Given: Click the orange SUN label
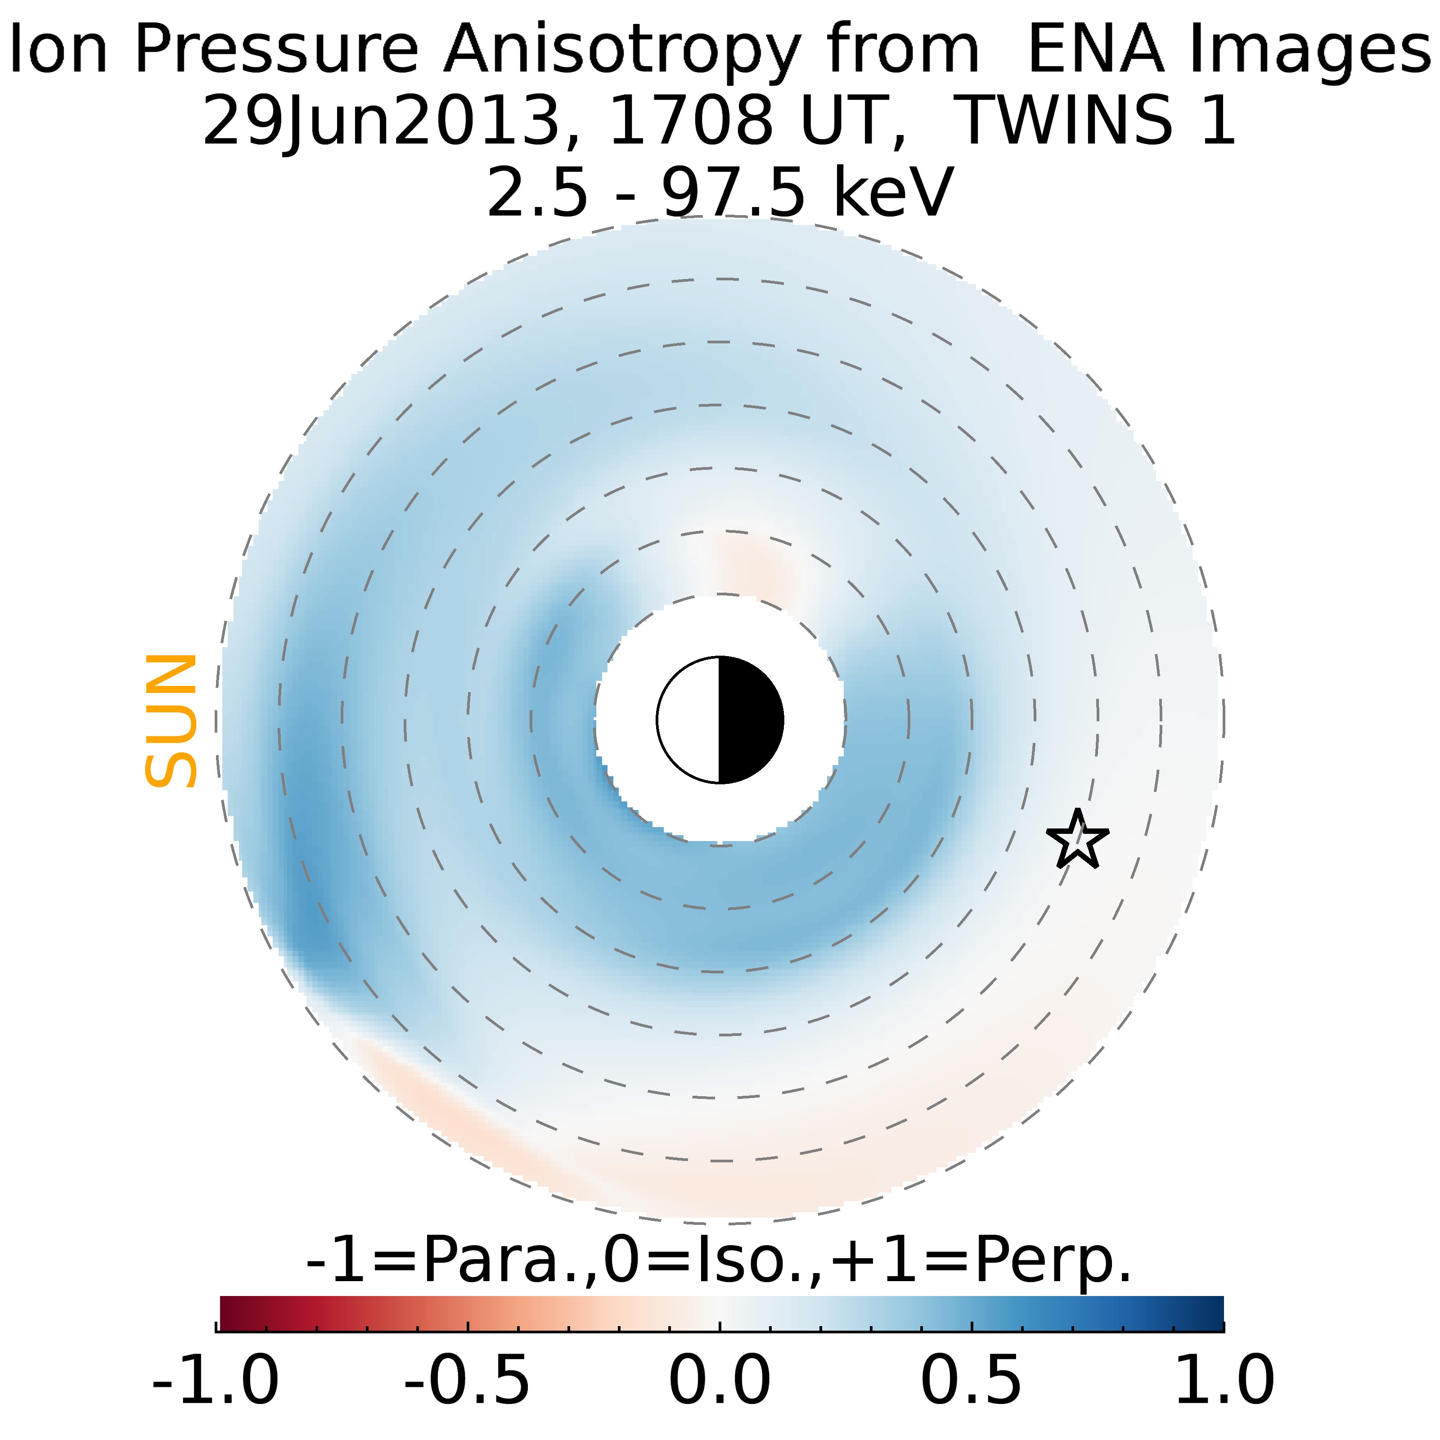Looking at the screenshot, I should (x=171, y=721).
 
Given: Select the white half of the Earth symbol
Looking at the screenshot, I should (x=688, y=720).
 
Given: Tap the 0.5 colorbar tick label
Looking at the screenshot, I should (x=971, y=1380).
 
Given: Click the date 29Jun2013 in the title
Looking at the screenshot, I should (x=380, y=121).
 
